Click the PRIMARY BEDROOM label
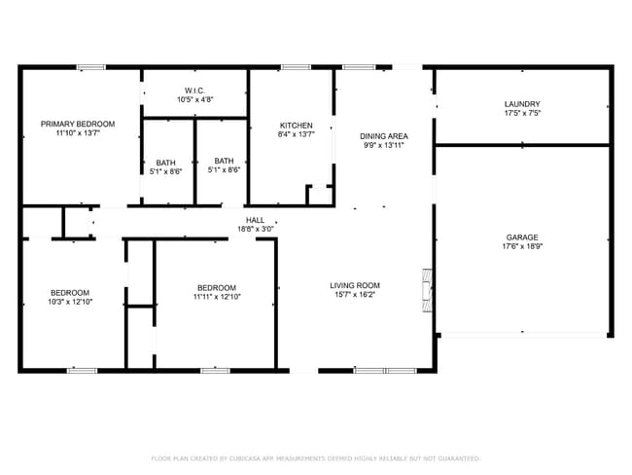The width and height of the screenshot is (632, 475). (x=77, y=124)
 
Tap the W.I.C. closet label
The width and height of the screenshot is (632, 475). (x=194, y=91)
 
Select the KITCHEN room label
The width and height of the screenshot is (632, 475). (x=296, y=126)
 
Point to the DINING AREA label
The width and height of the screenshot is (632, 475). (x=383, y=135)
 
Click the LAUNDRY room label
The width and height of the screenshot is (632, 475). (x=522, y=104)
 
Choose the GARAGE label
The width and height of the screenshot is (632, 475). (x=522, y=237)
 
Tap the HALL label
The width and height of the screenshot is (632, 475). (x=256, y=220)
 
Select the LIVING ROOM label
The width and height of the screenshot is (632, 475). (x=354, y=284)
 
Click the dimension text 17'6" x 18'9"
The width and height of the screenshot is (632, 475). (x=522, y=247)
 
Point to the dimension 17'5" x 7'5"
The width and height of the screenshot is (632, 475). (x=522, y=114)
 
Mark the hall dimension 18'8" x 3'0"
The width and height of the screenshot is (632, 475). (x=256, y=229)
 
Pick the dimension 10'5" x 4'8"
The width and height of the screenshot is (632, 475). (x=194, y=99)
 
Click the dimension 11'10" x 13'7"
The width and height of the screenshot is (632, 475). (x=77, y=133)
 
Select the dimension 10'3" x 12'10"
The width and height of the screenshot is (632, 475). (x=70, y=302)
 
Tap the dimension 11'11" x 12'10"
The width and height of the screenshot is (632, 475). (x=216, y=297)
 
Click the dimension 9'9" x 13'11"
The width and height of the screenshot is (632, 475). (x=383, y=145)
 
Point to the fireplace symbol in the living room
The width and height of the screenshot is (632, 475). (x=426, y=290)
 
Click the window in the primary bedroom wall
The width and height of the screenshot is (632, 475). (x=91, y=67)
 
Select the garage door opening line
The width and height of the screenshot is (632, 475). (x=522, y=334)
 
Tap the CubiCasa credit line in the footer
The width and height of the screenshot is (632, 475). (x=315, y=457)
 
